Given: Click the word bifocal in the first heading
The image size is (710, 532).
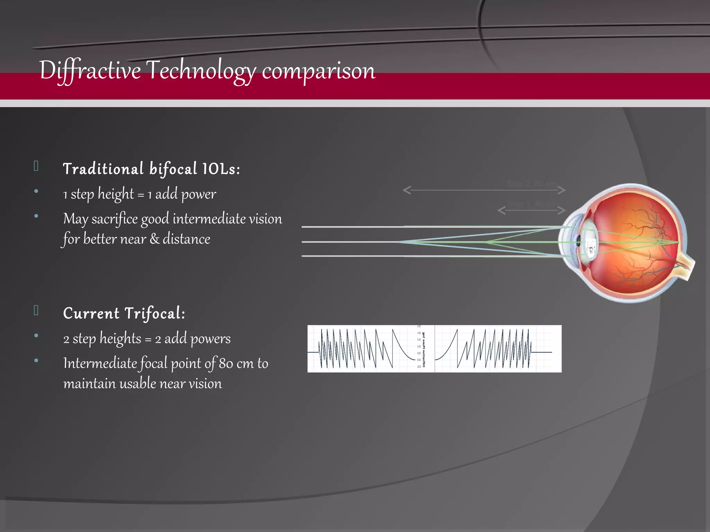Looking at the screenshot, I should [173, 169].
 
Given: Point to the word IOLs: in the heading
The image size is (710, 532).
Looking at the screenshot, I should [221, 169].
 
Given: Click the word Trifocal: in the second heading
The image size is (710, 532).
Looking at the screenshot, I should [155, 313].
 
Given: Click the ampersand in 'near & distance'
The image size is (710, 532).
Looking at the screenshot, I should [154, 239].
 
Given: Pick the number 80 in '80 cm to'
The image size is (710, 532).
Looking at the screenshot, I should [226, 363].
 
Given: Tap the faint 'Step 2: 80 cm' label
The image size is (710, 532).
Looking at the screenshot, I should [531, 184].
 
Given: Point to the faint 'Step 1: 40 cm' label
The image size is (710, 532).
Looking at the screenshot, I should [531, 204].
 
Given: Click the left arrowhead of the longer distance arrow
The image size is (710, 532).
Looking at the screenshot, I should [406, 190].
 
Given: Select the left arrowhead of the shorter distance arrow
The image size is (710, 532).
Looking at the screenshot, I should [501, 210].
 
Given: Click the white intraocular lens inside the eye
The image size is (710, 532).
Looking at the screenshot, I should [589, 242].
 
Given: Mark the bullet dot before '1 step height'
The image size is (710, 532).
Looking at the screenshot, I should [36, 191].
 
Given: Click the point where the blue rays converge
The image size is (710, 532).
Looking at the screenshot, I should [399, 242].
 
